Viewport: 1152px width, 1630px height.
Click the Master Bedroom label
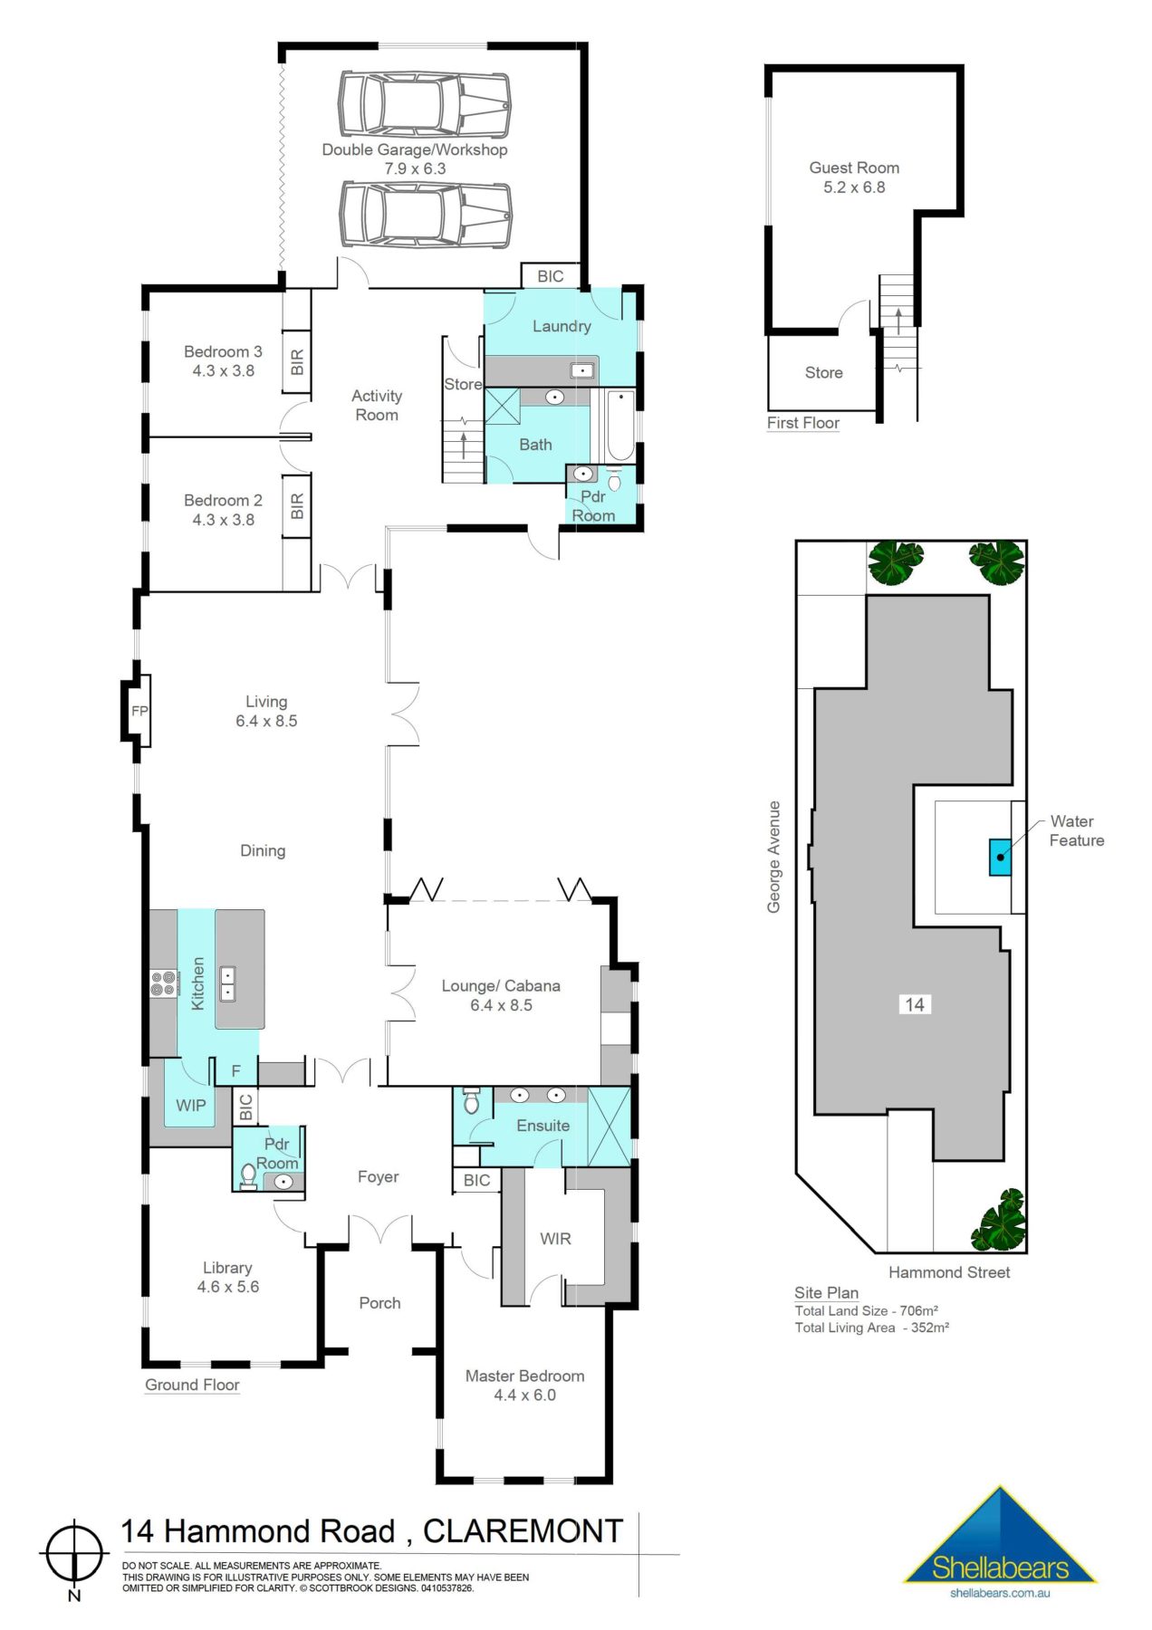(x=524, y=1376)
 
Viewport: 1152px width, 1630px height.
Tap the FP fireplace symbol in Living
(x=139, y=711)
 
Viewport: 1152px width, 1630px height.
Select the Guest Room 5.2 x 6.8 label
(x=854, y=177)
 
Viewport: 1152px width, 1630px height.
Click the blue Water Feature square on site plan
(x=1000, y=857)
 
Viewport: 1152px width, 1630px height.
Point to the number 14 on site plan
(x=915, y=1004)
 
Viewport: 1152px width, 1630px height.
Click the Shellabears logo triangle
(x=1000, y=1539)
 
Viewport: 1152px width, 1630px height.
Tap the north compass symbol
(x=74, y=1554)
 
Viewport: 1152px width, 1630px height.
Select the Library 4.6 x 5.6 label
(x=227, y=1277)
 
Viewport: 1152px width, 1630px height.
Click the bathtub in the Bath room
(x=620, y=426)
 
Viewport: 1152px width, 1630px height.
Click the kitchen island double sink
(x=227, y=983)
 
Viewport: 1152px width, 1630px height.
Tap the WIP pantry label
(x=190, y=1105)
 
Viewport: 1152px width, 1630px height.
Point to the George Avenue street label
(x=774, y=857)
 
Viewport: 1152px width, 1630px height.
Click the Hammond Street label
(x=948, y=1272)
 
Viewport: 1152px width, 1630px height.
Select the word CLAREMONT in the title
(x=523, y=1531)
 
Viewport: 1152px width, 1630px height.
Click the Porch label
(x=379, y=1303)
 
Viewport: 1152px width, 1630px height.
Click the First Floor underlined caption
(x=802, y=423)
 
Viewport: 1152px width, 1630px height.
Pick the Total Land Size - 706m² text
(x=866, y=1310)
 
